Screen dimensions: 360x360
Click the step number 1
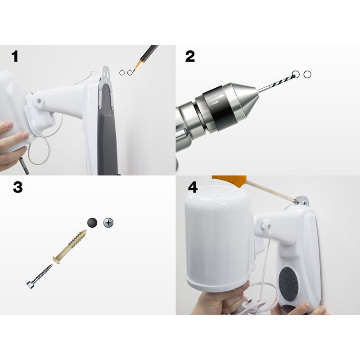15,57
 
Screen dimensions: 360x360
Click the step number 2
190,57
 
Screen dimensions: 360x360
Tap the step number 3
18,187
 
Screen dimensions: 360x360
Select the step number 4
193,187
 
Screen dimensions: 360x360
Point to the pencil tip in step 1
134,70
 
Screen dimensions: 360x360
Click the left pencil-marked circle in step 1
122,73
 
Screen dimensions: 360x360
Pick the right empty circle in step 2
307,74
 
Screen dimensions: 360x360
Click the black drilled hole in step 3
92,222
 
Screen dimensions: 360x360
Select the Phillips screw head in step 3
108,223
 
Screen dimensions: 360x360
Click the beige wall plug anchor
70,247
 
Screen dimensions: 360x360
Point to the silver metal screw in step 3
40,276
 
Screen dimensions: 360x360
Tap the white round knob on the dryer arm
266,224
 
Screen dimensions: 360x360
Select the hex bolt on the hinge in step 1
39,100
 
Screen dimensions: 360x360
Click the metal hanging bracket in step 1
105,87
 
